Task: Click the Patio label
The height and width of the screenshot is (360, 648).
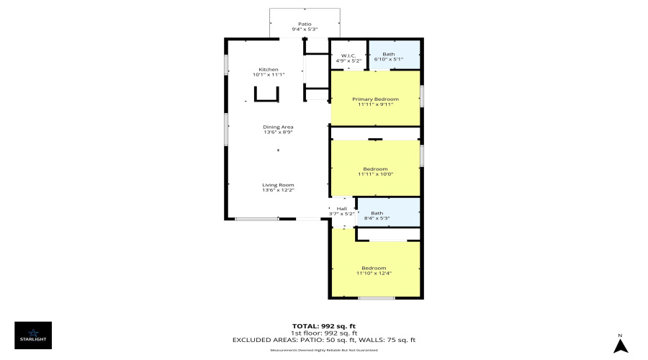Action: pyautogui.click(x=305, y=24)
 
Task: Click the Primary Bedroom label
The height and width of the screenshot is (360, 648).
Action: pyautogui.click(x=375, y=99)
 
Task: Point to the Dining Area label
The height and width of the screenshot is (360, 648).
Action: pyautogui.click(x=277, y=127)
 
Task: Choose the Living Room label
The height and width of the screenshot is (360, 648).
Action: pyautogui.click(x=277, y=185)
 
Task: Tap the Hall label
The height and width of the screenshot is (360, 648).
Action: pyautogui.click(x=341, y=209)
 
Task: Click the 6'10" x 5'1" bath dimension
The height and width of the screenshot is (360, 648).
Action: pyautogui.click(x=389, y=60)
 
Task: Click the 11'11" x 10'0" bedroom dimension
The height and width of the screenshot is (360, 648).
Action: pyautogui.click(x=375, y=174)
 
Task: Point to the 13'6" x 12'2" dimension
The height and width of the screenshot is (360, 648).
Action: pyautogui.click(x=277, y=191)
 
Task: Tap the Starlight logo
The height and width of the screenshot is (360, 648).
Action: pyautogui.click(x=33, y=336)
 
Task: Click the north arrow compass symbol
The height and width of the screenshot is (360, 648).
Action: pyautogui.click(x=620, y=344)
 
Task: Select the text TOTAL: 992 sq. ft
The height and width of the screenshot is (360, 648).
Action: pyautogui.click(x=323, y=326)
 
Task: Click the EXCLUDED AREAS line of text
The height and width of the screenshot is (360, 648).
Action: pyautogui.click(x=323, y=340)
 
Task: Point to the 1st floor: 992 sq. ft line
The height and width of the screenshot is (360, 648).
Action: pyautogui.click(x=323, y=333)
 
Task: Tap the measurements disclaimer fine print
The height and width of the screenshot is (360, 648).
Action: pyautogui.click(x=323, y=350)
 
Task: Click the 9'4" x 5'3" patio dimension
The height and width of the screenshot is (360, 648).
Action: pyautogui.click(x=305, y=30)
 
